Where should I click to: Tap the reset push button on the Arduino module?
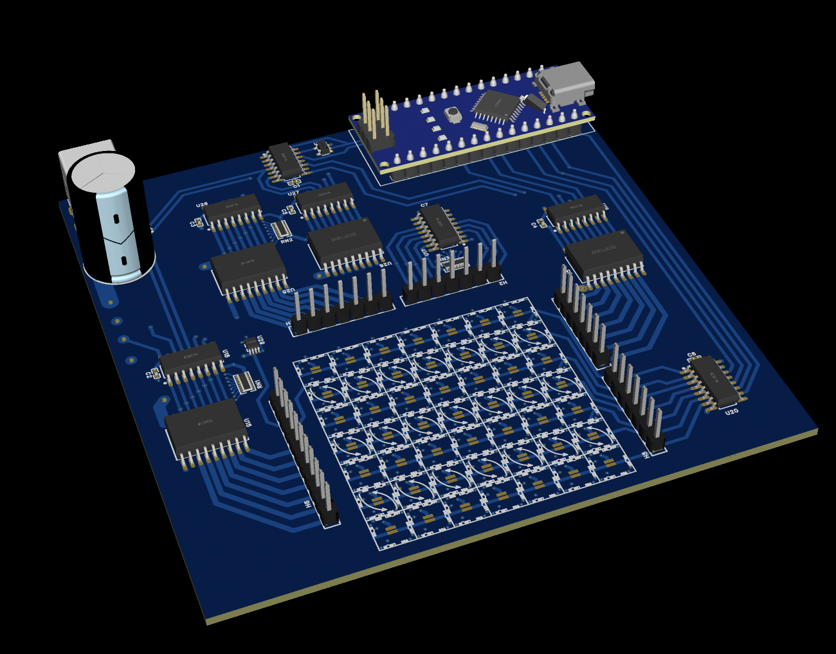(453, 114)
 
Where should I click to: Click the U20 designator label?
(732, 412)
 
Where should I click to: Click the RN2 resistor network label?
(286, 240)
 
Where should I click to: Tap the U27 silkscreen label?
(293, 193)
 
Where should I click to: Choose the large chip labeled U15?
(206, 427)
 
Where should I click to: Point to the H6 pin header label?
(307, 505)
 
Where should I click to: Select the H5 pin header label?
(646, 455)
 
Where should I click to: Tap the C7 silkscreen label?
(424, 206)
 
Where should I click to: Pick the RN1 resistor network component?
(244, 383)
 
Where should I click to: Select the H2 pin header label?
(504, 282)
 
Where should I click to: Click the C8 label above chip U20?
(691, 355)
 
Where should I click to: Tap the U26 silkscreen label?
(202, 205)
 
